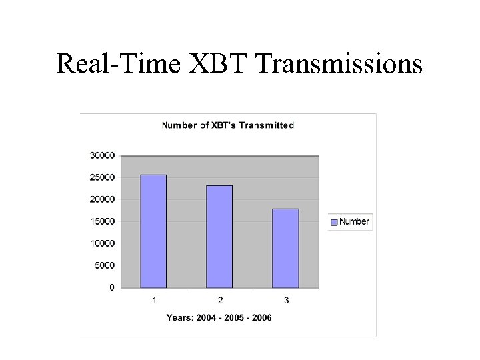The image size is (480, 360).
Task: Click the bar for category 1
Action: (153, 231)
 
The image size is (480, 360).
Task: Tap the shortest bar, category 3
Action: (285, 249)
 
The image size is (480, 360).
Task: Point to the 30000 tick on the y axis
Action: (102, 155)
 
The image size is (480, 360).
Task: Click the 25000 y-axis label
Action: (102, 177)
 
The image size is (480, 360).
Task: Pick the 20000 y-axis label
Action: (102, 199)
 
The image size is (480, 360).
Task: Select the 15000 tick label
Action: (102, 221)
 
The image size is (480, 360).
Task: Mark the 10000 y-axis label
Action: (102, 243)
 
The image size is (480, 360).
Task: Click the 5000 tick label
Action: (104, 265)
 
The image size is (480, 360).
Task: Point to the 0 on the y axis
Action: (111, 287)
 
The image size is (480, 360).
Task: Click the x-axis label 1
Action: (154, 301)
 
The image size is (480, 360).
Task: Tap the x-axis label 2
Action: (220, 301)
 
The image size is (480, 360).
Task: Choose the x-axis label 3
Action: (286, 301)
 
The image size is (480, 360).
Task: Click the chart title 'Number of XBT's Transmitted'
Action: (227, 125)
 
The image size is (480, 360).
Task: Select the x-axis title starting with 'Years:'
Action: (219, 318)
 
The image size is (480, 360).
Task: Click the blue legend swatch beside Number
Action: (334, 222)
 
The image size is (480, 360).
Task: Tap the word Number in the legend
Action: (354, 222)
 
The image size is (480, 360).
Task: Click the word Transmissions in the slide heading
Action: (339, 64)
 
